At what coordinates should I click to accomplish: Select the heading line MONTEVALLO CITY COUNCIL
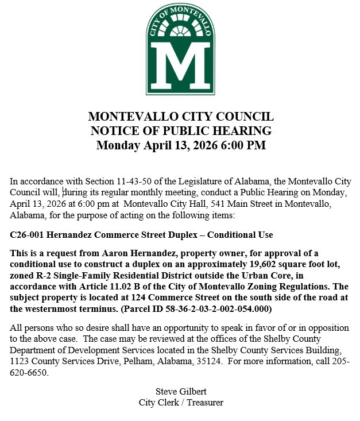pyautogui.click(x=180, y=117)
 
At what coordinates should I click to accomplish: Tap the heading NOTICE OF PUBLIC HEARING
pyautogui.click(x=180, y=130)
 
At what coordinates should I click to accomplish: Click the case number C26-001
pyautogui.click(x=29, y=235)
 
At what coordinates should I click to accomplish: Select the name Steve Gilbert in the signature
pyautogui.click(x=181, y=392)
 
